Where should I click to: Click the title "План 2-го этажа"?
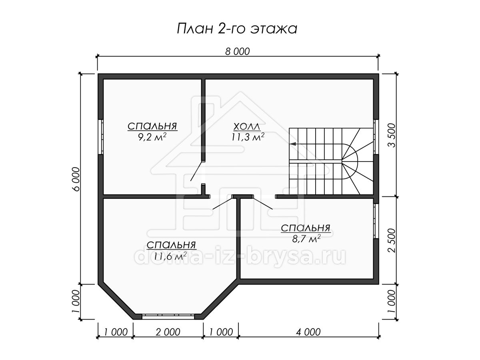[237, 29]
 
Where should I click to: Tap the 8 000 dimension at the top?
[237, 52]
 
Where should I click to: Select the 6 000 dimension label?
[76, 179]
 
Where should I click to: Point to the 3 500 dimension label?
[392, 136]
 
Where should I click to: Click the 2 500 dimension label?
[392, 241]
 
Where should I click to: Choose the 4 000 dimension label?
[308, 332]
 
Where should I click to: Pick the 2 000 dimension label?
[168, 332]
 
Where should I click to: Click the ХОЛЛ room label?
[247, 127]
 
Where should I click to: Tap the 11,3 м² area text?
[248, 137]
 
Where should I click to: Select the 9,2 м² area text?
[152, 137]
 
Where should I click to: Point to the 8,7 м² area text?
[306, 239]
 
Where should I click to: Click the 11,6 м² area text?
[170, 256]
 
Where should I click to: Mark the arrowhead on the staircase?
[293, 144]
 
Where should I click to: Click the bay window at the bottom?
[168, 317]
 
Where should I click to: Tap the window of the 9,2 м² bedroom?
[100, 137]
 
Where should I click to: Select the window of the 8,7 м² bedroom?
[376, 221]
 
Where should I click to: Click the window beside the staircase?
[376, 137]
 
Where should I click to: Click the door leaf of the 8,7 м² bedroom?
[263, 203]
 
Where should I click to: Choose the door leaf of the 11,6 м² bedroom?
[222, 203]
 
